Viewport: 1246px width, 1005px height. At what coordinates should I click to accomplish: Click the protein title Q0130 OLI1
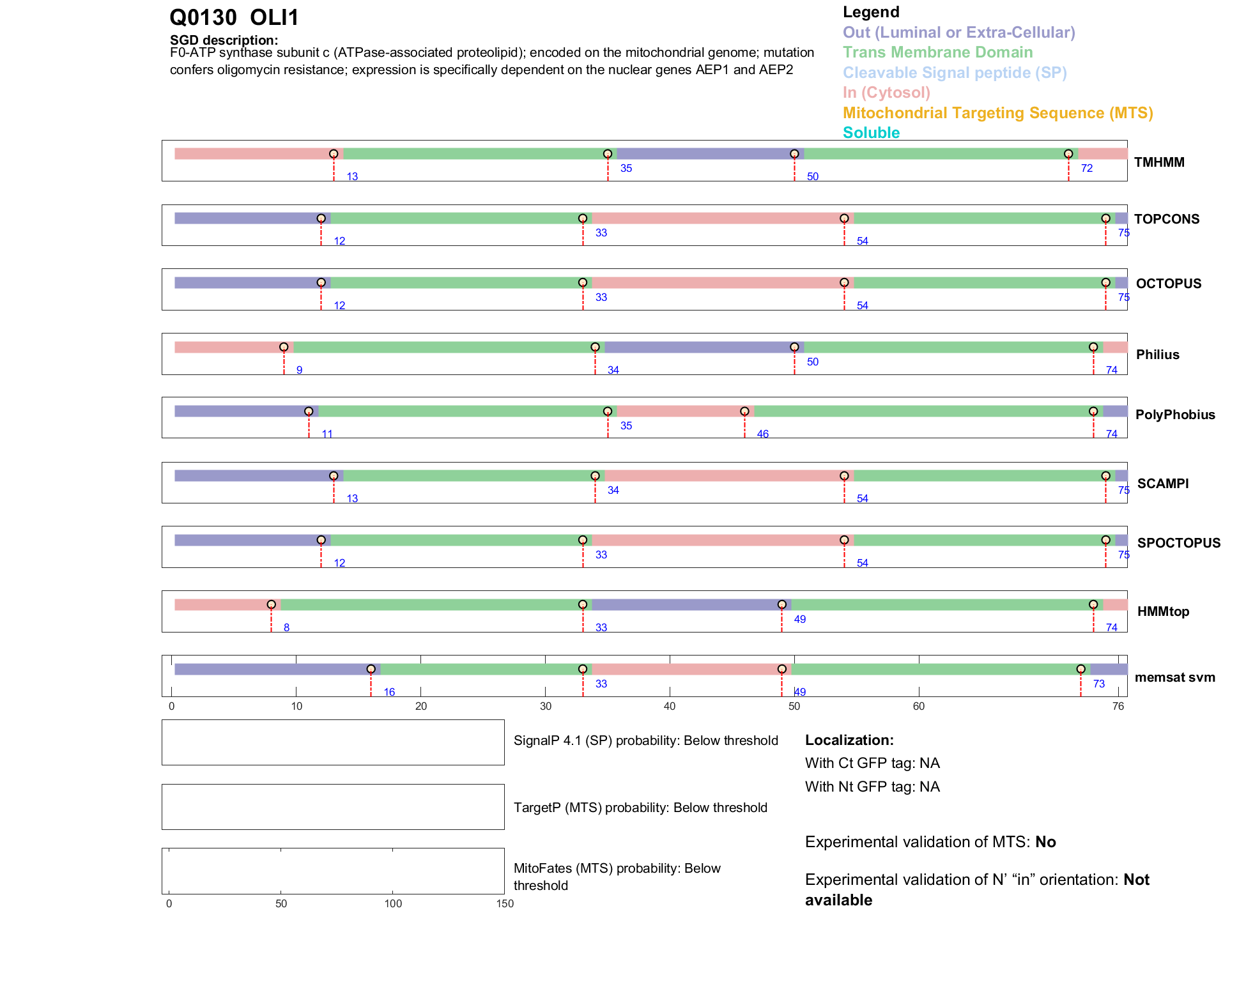(x=234, y=17)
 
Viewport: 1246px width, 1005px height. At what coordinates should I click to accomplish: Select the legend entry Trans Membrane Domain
(x=937, y=52)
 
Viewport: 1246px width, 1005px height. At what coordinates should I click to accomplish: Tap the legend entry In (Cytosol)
(x=886, y=93)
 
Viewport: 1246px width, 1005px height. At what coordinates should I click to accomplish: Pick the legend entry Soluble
(x=871, y=133)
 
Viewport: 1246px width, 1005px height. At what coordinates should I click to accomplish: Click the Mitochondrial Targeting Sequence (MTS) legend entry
(x=997, y=113)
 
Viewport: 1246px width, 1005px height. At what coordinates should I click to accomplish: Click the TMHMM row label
(x=1159, y=162)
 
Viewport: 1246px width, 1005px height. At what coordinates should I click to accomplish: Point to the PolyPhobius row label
(x=1175, y=415)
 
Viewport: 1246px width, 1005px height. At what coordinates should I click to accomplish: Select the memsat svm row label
(x=1174, y=677)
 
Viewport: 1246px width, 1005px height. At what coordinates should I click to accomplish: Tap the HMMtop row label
(x=1163, y=611)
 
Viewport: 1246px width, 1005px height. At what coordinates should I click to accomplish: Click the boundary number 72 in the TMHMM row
(x=1086, y=169)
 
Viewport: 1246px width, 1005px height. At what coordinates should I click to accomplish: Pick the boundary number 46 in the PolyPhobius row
(x=762, y=434)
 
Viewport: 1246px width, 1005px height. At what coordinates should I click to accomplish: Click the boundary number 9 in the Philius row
(x=299, y=371)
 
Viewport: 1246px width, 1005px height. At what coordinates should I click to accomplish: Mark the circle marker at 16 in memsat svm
(x=371, y=669)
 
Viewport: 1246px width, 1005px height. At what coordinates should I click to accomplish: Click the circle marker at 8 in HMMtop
(x=272, y=604)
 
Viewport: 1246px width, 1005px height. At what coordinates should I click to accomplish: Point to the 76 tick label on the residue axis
(x=1118, y=706)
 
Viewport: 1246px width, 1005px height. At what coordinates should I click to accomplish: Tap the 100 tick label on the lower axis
(x=393, y=903)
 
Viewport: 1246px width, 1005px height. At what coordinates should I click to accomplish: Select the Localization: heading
(x=849, y=740)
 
